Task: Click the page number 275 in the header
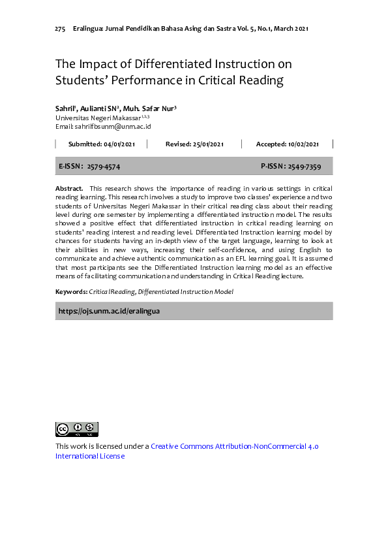click(60, 29)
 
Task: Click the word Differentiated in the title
click(173, 64)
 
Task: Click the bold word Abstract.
click(68, 188)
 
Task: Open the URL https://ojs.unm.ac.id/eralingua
click(109, 311)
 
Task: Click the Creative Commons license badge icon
click(76, 429)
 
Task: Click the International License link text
click(89, 456)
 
